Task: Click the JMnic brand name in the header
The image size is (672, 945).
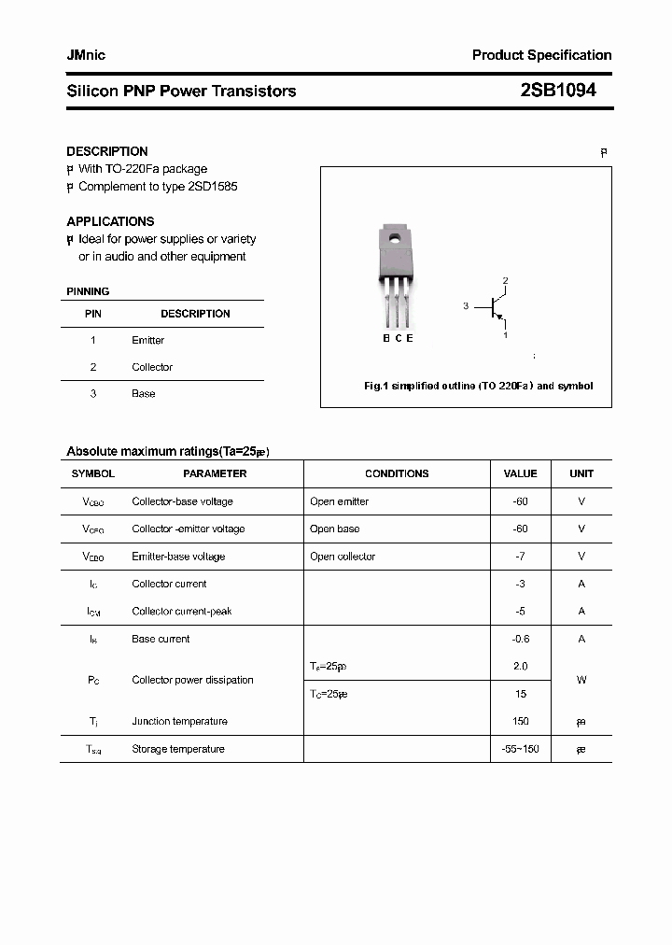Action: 86,55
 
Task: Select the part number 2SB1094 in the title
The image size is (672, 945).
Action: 557,91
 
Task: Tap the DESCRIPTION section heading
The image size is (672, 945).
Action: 107,151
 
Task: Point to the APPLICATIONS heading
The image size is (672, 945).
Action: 110,221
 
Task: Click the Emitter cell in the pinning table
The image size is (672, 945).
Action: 147,340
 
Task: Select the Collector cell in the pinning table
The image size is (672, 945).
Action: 152,367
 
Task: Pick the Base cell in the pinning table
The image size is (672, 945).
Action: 143,394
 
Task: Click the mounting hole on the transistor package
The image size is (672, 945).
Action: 394,239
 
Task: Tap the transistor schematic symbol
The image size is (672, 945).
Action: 496,307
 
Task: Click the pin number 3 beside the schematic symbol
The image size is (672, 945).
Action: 466,306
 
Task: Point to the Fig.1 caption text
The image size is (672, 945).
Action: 477,386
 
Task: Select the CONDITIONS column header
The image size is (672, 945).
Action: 397,473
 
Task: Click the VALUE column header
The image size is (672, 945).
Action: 520,473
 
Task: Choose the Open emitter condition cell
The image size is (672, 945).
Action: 339,501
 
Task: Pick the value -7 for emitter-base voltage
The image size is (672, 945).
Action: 520,557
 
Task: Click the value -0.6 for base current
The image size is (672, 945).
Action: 520,639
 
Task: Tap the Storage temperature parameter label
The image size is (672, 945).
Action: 177,749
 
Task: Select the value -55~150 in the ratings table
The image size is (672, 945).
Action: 520,749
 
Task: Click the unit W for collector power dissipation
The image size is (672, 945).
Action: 581,680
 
